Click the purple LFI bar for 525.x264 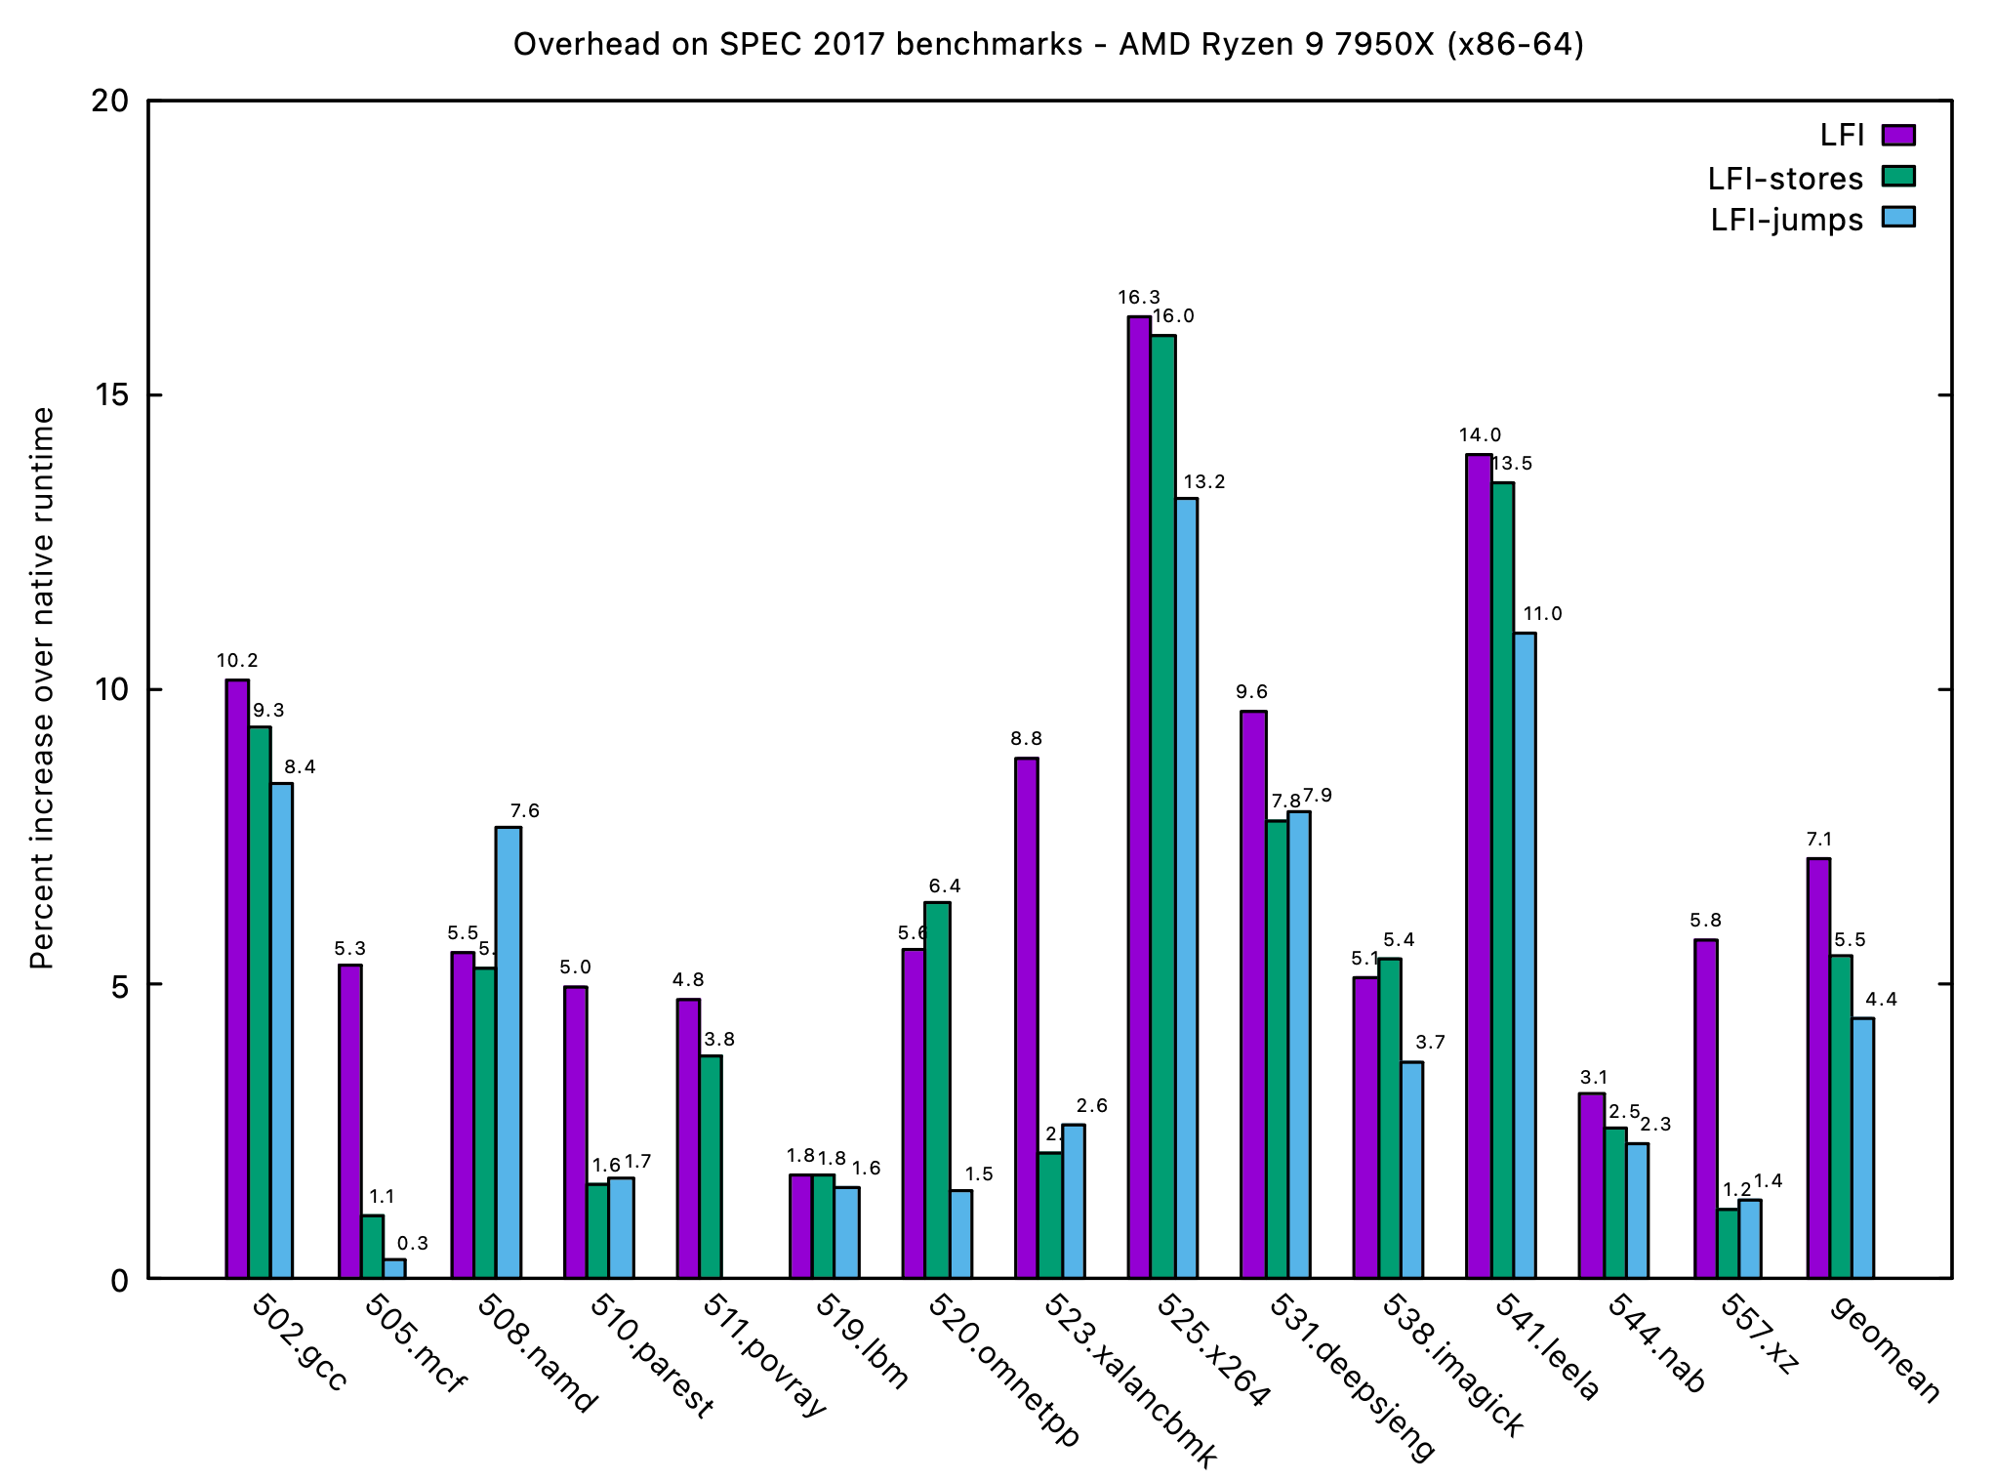[1139, 797]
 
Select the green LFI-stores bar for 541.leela [1502, 880]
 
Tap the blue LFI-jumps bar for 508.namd [509, 1052]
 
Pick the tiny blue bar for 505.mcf [394, 1268]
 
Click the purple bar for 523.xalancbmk [1027, 1017]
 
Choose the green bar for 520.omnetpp [937, 1090]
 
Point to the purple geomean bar [1818, 1068]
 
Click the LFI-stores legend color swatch [1898, 177]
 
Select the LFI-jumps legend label [1786, 220]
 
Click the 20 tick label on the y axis [110, 102]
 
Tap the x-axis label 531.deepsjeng [1353, 1378]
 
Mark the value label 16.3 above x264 [1139, 298]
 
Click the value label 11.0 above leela [1542, 614]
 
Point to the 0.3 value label [413, 1244]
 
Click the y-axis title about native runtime [42, 688]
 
